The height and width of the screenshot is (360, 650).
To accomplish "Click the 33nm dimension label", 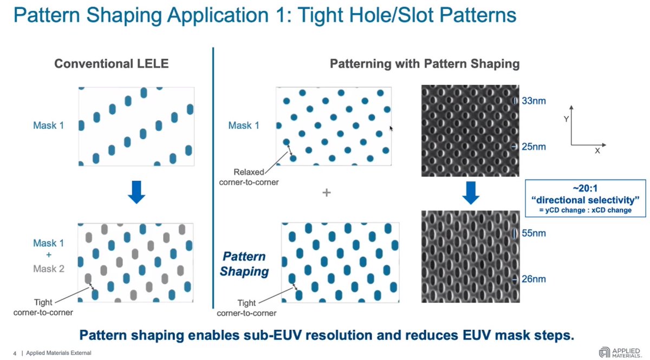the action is pyautogui.click(x=533, y=101).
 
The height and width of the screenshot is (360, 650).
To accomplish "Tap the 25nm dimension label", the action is pyautogui.click(x=533, y=147).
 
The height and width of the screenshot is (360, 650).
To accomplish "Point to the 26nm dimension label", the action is pyautogui.click(x=533, y=279).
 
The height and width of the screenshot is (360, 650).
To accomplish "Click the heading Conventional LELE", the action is pyautogui.click(x=112, y=64).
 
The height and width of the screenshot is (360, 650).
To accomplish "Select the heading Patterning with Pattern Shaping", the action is pyautogui.click(x=425, y=64).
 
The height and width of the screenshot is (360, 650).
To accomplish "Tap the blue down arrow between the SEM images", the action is pyautogui.click(x=470, y=193).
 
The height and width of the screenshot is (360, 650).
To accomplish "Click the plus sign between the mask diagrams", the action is pyautogui.click(x=326, y=192).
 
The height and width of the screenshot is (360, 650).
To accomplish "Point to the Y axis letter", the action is pyautogui.click(x=567, y=119).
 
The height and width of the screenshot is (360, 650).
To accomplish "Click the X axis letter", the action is pyautogui.click(x=597, y=152).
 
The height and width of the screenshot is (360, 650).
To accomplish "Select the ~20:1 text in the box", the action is pyautogui.click(x=586, y=187).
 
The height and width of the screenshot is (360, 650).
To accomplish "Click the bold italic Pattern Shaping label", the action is pyautogui.click(x=244, y=264).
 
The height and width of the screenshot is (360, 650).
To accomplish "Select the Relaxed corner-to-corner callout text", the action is pyautogui.click(x=249, y=177).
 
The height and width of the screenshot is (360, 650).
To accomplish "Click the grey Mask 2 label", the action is pyautogui.click(x=49, y=269).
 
